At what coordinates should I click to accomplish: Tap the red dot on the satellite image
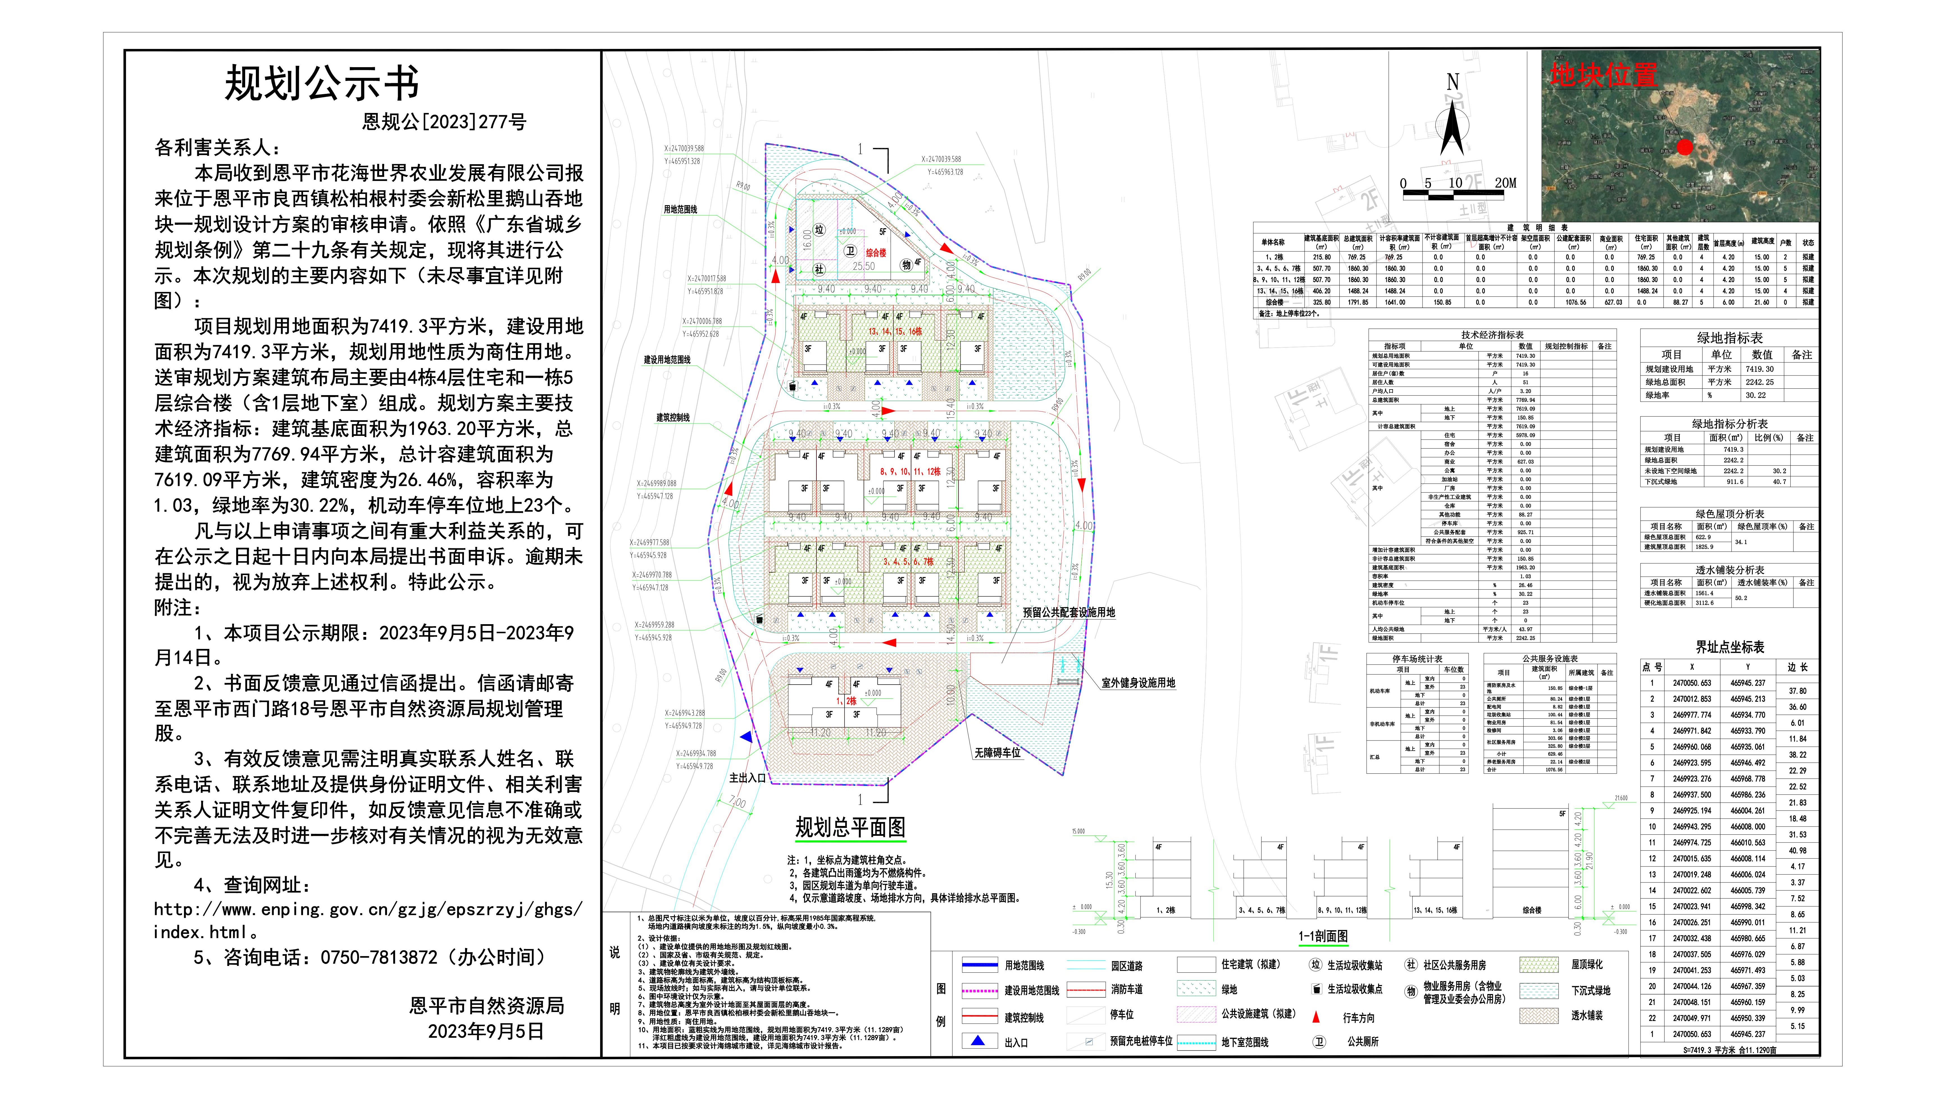[1684, 147]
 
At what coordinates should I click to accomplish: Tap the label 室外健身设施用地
[1138, 683]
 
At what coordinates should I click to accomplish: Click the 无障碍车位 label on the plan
[997, 753]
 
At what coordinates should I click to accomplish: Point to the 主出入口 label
[747, 778]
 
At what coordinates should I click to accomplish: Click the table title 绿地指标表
[1729, 338]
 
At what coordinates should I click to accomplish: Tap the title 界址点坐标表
[1729, 647]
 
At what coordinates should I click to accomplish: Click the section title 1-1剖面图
[1323, 936]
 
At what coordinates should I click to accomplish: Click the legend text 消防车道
[1126, 989]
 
